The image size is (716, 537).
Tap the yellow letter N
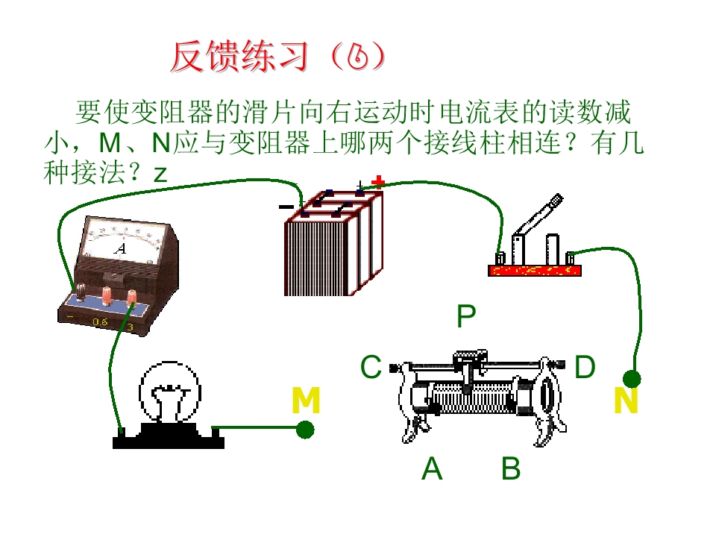pos(626,401)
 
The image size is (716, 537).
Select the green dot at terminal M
pos(305,430)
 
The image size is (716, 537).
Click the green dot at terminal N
pos(632,379)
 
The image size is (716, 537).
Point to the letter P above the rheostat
pos(466,316)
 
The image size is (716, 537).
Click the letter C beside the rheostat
pos(371,366)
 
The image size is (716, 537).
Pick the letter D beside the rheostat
pos(585,366)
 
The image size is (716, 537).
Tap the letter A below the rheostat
pos(432,468)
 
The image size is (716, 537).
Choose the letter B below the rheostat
pos(511,468)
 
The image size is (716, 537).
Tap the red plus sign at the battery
pos(378,182)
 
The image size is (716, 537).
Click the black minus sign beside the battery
pos(286,207)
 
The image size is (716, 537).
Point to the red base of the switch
pos(535,270)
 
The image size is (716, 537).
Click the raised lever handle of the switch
pos(538,216)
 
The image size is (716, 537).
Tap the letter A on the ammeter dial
pos(120,249)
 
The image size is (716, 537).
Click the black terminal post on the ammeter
pos(81,292)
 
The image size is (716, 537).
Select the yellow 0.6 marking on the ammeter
pos(99,321)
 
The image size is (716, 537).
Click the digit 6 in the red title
pos(357,57)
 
